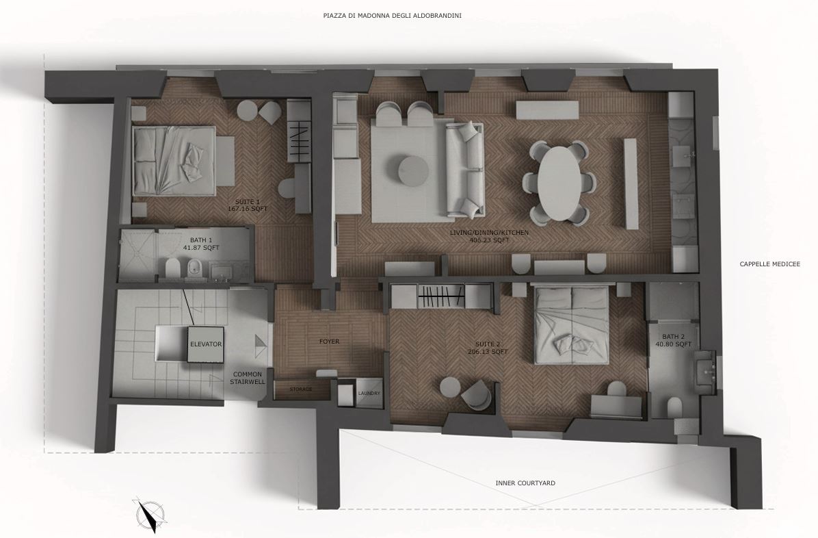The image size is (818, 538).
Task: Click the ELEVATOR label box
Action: (x=206, y=344)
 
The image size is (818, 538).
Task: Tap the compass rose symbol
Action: (x=150, y=515)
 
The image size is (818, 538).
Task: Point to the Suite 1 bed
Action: (x=174, y=160)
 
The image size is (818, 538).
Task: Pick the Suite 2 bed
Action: (x=570, y=323)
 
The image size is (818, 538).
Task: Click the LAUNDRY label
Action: (x=369, y=394)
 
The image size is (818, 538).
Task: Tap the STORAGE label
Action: (x=301, y=389)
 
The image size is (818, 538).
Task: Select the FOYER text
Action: (x=329, y=342)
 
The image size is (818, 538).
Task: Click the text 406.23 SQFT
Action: (x=489, y=240)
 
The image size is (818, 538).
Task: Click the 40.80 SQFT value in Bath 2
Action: (x=673, y=344)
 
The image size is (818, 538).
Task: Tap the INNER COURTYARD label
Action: (x=525, y=483)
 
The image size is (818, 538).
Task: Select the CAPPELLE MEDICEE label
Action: (x=769, y=264)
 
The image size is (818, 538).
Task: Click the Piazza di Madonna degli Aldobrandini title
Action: (x=393, y=16)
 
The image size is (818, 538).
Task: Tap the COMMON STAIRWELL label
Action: (x=248, y=378)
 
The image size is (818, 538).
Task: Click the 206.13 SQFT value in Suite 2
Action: (x=488, y=352)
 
